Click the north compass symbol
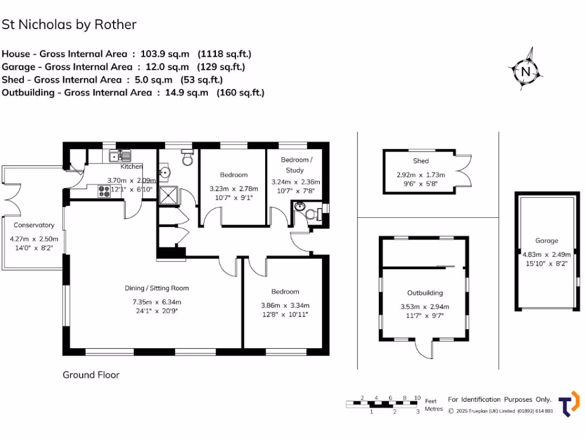click(x=525, y=70)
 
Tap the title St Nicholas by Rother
click(x=69, y=25)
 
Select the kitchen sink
click(x=120, y=155)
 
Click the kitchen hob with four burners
click(x=105, y=191)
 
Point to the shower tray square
click(x=169, y=195)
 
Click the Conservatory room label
click(x=34, y=225)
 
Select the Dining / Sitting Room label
click(x=157, y=288)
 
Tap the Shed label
click(x=420, y=161)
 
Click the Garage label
click(x=547, y=241)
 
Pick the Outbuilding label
click(x=424, y=293)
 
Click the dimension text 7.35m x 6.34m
click(x=157, y=302)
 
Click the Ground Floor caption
click(x=91, y=375)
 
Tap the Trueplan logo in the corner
click(x=568, y=404)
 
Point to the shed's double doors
click(x=464, y=172)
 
